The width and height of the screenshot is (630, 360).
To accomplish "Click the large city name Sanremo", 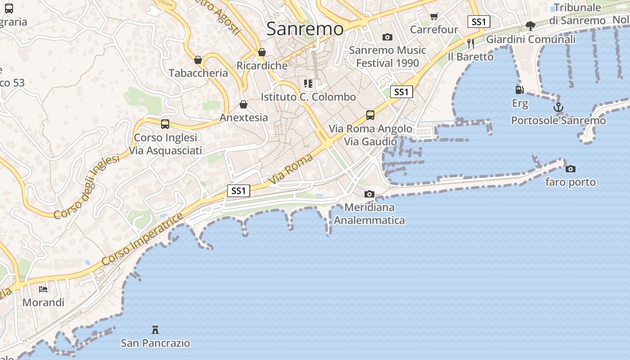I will point(305,29).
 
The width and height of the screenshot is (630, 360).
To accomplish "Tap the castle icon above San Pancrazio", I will point(155,330).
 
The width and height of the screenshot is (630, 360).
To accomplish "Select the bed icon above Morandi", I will point(43,289).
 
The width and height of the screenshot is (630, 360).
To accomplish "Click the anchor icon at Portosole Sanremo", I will point(558,107).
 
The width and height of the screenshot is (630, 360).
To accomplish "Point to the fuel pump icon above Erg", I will point(520,90).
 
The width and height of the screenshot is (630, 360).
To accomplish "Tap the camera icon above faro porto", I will point(571,169).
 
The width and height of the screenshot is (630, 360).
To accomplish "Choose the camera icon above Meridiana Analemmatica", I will point(369,194).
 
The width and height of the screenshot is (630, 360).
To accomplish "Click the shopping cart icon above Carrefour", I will point(434,17).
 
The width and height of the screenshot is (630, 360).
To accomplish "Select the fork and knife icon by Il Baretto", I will point(471,43).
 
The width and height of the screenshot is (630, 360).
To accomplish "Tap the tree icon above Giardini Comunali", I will point(531,26).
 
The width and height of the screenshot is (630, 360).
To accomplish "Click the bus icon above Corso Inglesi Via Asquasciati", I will point(165,124).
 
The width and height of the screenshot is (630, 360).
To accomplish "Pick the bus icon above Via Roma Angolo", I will point(370,115).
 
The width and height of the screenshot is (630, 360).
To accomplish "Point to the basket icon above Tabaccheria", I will point(198,59).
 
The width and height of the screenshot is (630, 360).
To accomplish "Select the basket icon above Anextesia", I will point(243,104).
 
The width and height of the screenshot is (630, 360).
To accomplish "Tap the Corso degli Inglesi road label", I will point(86,187).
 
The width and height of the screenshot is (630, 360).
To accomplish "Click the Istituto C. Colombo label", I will point(308,97).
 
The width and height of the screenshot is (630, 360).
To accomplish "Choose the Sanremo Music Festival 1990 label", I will point(387,56).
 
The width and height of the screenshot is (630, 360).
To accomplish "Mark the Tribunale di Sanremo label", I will point(577,14).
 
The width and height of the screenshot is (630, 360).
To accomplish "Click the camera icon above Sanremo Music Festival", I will point(387,37).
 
